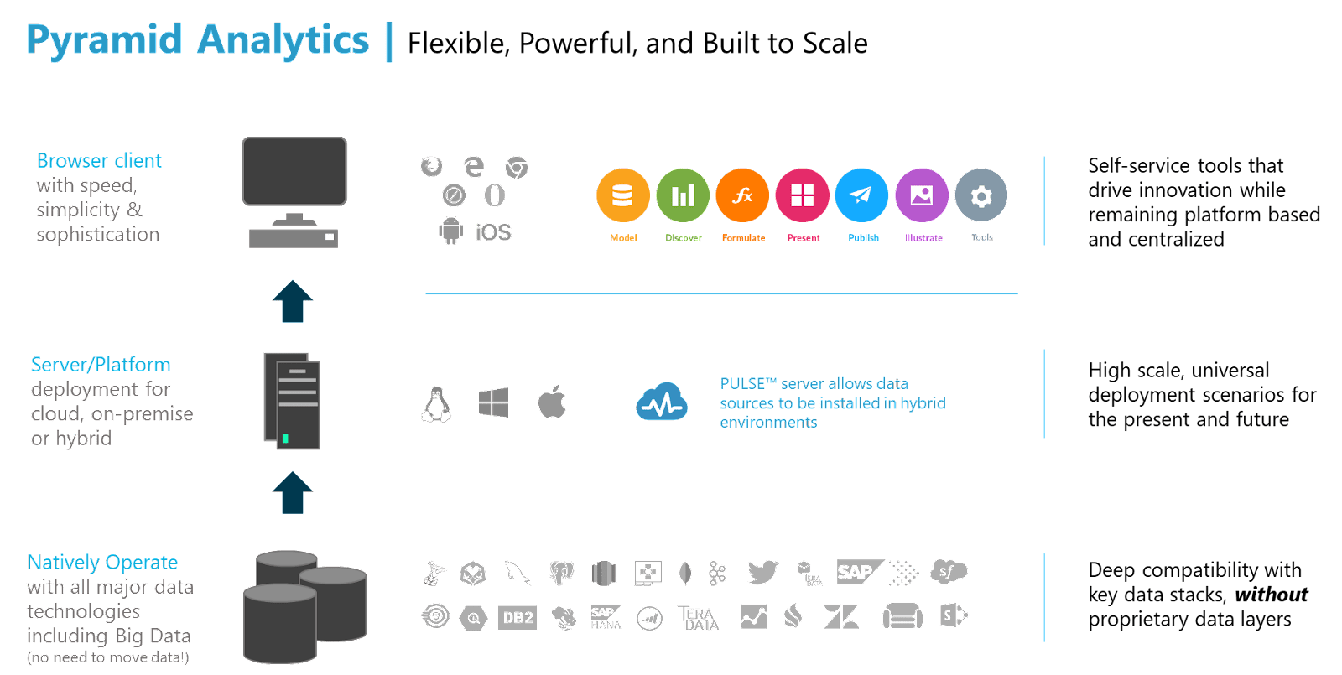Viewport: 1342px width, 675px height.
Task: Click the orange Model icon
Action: click(x=623, y=195)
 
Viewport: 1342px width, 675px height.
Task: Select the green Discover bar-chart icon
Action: click(x=683, y=195)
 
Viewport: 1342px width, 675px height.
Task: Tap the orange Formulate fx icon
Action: click(x=742, y=195)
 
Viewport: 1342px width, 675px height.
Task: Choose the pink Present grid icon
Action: click(x=803, y=195)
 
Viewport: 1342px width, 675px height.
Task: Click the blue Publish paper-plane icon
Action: click(x=862, y=195)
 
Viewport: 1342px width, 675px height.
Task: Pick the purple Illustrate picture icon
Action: click(x=922, y=195)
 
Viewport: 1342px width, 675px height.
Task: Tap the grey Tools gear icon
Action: click(x=981, y=195)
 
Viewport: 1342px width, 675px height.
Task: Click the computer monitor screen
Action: click(x=294, y=171)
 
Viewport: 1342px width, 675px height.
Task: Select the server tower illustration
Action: click(x=294, y=401)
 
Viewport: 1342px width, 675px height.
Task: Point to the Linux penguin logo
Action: click(x=436, y=404)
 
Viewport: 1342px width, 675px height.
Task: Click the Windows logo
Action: click(x=493, y=403)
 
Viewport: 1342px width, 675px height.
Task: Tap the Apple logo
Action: click(x=552, y=402)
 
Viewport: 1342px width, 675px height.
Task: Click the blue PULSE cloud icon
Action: click(x=663, y=402)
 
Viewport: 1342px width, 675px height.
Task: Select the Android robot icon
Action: click(x=451, y=230)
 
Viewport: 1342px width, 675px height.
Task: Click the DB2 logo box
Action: click(x=518, y=618)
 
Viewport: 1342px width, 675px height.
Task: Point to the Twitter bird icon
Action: click(x=762, y=573)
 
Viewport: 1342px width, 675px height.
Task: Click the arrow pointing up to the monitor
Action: click(x=293, y=301)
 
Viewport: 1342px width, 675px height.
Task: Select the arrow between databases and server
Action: click(x=293, y=492)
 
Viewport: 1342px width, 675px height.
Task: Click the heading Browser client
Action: click(x=100, y=160)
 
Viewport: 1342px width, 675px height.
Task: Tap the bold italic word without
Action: click(x=1272, y=595)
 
